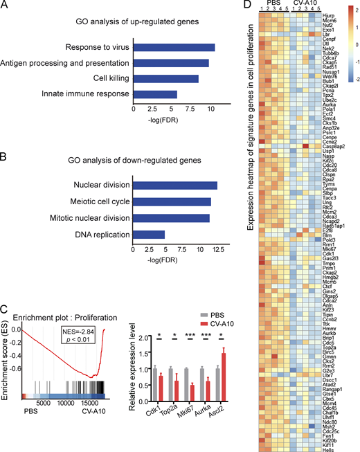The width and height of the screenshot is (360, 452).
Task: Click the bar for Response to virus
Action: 174,48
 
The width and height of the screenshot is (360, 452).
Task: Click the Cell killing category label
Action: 104,78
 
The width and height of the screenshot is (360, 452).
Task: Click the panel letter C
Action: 5,271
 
